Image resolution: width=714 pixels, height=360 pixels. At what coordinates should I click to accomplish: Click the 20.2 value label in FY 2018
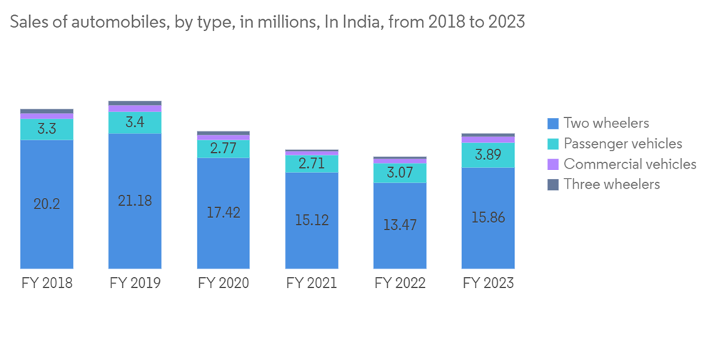[46, 204]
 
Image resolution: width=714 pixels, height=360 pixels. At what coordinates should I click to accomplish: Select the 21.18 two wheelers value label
[135, 201]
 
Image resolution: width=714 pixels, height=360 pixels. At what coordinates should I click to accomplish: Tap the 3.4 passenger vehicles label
[135, 122]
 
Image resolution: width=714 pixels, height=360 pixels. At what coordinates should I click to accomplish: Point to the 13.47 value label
[400, 225]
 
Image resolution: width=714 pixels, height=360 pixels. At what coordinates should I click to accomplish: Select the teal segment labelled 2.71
[312, 163]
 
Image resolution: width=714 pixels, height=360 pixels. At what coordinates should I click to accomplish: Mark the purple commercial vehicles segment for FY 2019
[135, 109]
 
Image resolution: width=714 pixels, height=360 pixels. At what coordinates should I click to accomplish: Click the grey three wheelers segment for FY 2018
[46, 111]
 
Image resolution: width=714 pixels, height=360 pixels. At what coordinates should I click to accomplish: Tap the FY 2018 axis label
[46, 284]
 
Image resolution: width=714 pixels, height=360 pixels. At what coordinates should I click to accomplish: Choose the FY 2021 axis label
[312, 284]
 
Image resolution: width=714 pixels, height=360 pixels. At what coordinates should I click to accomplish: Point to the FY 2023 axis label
[488, 284]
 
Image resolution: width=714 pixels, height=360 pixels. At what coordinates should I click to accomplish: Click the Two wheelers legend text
[606, 124]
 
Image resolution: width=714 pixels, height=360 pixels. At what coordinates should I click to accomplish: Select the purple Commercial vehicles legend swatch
[552, 164]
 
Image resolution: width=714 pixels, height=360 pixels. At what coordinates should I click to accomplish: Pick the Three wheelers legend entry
[611, 184]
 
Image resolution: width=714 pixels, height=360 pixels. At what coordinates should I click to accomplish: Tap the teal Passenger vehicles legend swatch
[552, 144]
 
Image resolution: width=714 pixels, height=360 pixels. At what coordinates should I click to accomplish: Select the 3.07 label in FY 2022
[400, 173]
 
